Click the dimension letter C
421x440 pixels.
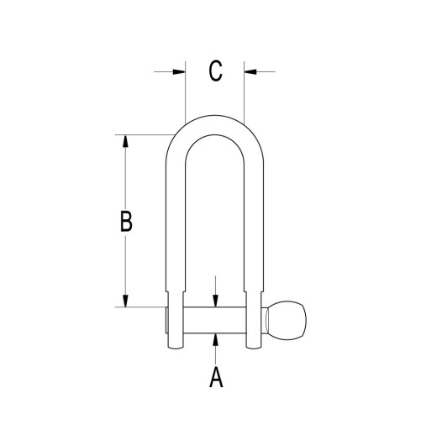point(215,71)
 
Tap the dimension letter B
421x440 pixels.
point(126,222)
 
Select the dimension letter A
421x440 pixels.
point(215,378)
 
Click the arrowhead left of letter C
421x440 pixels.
point(179,71)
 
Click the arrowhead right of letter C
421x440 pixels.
point(248,71)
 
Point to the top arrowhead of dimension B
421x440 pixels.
point(126,141)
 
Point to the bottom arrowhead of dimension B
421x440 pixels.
point(126,301)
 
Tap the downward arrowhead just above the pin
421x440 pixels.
point(216,302)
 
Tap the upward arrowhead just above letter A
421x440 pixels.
point(216,337)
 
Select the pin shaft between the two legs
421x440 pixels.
point(215,319)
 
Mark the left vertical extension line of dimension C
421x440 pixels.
point(184,92)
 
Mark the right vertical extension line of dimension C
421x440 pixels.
point(244,92)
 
